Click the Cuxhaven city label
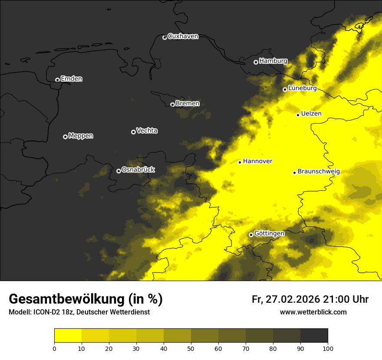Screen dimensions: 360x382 pyautogui.click(x=183, y=36)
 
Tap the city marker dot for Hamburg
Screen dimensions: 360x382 pyautogui.click(x=256, y=62)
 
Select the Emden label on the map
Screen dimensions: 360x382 pyautogui.click(x=71, y=79)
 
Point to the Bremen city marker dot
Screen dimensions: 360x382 pyautogui.click(x=172, y=105)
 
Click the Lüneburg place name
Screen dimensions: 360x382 pyautogui.click(x=302, y=88)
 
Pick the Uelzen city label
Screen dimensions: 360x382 pyautogui.click(x=311, y=114)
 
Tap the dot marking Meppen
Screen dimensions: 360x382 pyautogui.click(x=65, y=137)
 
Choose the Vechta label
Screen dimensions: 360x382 pyautogui.click(x=147, y=131)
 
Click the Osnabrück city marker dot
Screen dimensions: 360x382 pyautogui.click(x=119, y=171)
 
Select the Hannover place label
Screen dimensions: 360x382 pyautogui.click(x=257, y=161)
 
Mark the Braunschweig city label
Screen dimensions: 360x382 pyautogui.click(x=319, y=171)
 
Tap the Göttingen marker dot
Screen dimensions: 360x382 pyautogui.click(x=251, y=235)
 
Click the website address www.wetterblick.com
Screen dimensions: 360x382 pyautogui.click(x=313, y=312)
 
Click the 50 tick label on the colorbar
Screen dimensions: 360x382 pyautogui.click(x=191, y=348)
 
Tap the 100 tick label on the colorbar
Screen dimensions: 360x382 pyautogui.click(x=328, y=348)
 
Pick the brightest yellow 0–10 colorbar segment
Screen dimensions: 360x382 pyautogui.click(x=68, y=335)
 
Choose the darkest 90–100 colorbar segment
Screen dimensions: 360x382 pyautogui.click(x=314, y=335)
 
